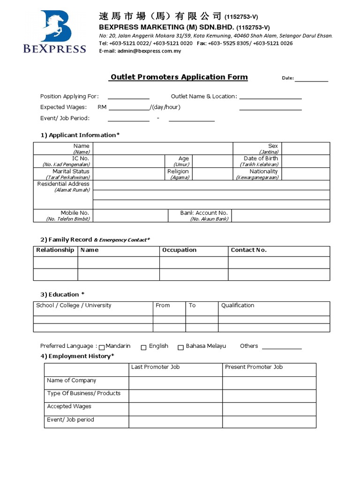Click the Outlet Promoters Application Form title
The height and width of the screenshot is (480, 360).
[179, 77]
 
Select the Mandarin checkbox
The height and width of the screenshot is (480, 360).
[102, 347]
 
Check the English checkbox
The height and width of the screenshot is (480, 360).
[144, 347]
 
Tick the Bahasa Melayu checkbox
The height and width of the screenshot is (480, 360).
[180, 347]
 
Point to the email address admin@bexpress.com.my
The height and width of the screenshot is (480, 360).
[140, 51]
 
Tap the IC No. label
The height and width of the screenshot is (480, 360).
[80, 159]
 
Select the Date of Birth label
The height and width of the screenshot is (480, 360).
[261, 159]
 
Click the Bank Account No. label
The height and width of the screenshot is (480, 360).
[204, 213]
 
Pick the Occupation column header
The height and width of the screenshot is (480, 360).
[179, 250]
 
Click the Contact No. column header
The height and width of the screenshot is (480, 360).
[248, 250]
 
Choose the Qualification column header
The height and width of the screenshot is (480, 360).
[238, 306]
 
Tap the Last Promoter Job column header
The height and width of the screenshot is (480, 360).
[155, 367]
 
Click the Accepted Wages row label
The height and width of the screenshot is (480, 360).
[69, 406]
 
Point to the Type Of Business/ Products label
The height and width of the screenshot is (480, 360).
[83, 393]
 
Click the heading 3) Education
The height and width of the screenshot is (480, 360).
[62, 294]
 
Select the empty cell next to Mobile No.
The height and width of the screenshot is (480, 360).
[130, 216]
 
